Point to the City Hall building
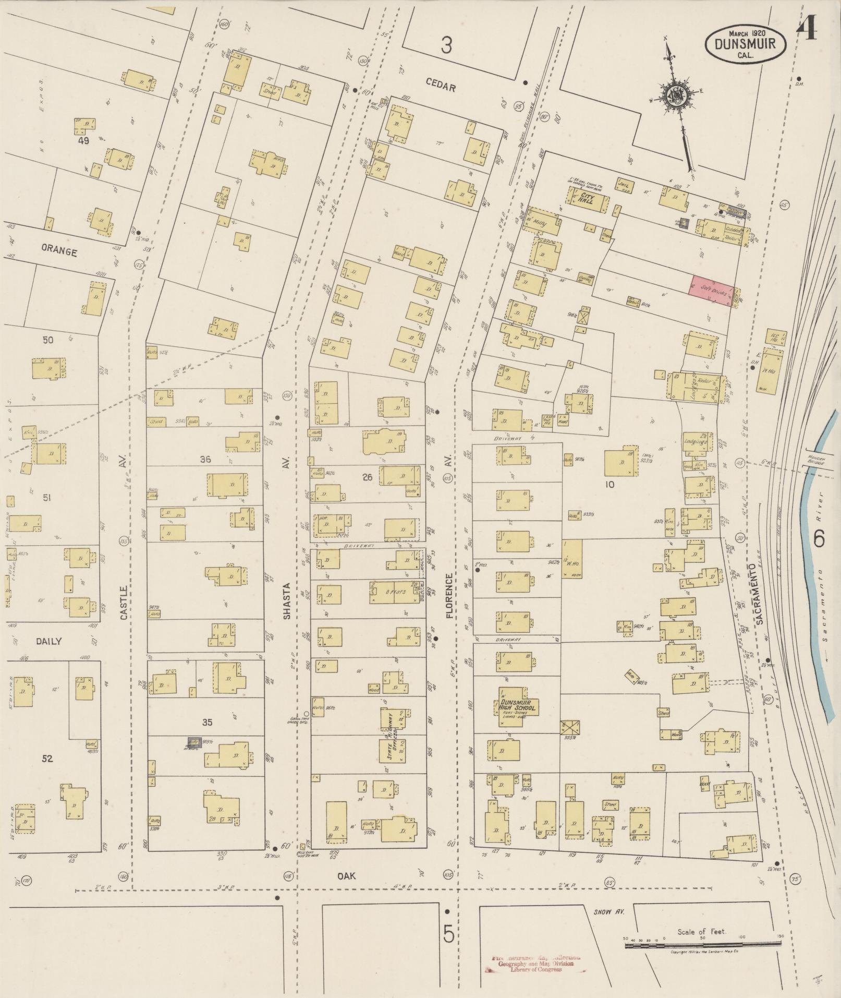click(589, 198)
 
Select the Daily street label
click(49, 641)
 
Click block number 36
click(205, 459)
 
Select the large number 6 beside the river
click(819, 538)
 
